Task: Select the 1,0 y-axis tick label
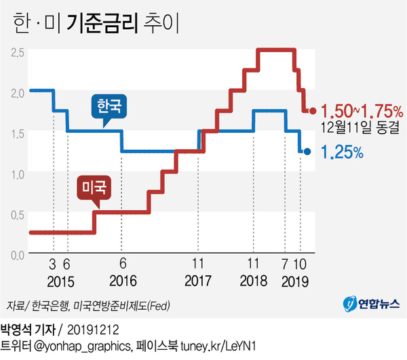[19, 172]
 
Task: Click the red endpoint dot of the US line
[313, 111]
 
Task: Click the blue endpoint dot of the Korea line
[307, 152]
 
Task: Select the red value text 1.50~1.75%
[362, 111]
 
